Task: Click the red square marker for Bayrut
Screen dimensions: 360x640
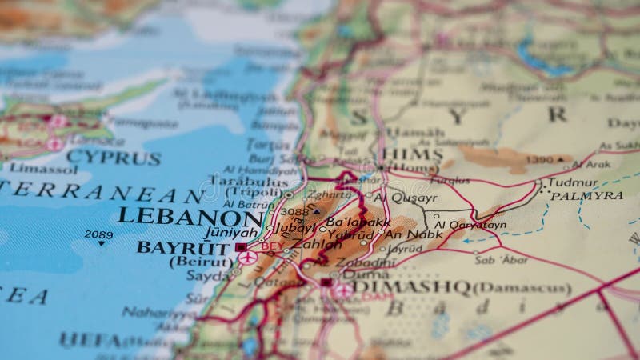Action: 241,247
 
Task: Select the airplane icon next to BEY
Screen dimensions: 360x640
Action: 247,258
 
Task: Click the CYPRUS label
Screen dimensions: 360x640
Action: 113,158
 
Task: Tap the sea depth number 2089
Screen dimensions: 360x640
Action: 99,234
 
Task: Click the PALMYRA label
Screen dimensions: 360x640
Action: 586,195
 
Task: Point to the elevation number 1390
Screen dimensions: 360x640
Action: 540,160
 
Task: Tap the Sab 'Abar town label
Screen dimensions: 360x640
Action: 500,260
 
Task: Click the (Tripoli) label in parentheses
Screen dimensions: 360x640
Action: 250,193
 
